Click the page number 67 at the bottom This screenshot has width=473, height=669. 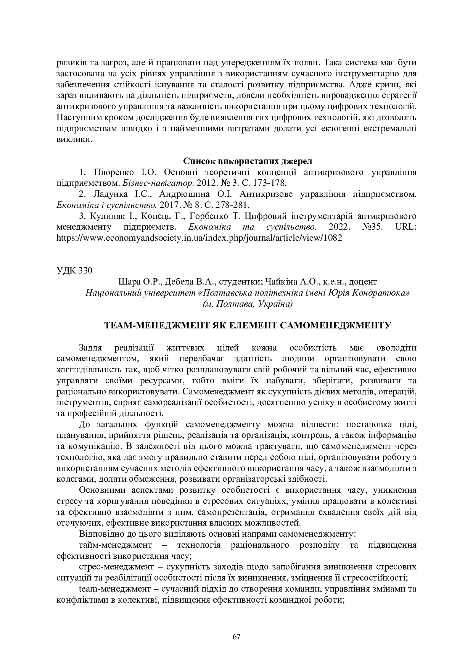pyautogui.click(x=236, y=636)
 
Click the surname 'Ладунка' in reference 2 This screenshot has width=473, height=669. pyautogui.click(x=109, y=194)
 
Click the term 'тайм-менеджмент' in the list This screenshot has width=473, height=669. pyautogui.click(x=116, y=545)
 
